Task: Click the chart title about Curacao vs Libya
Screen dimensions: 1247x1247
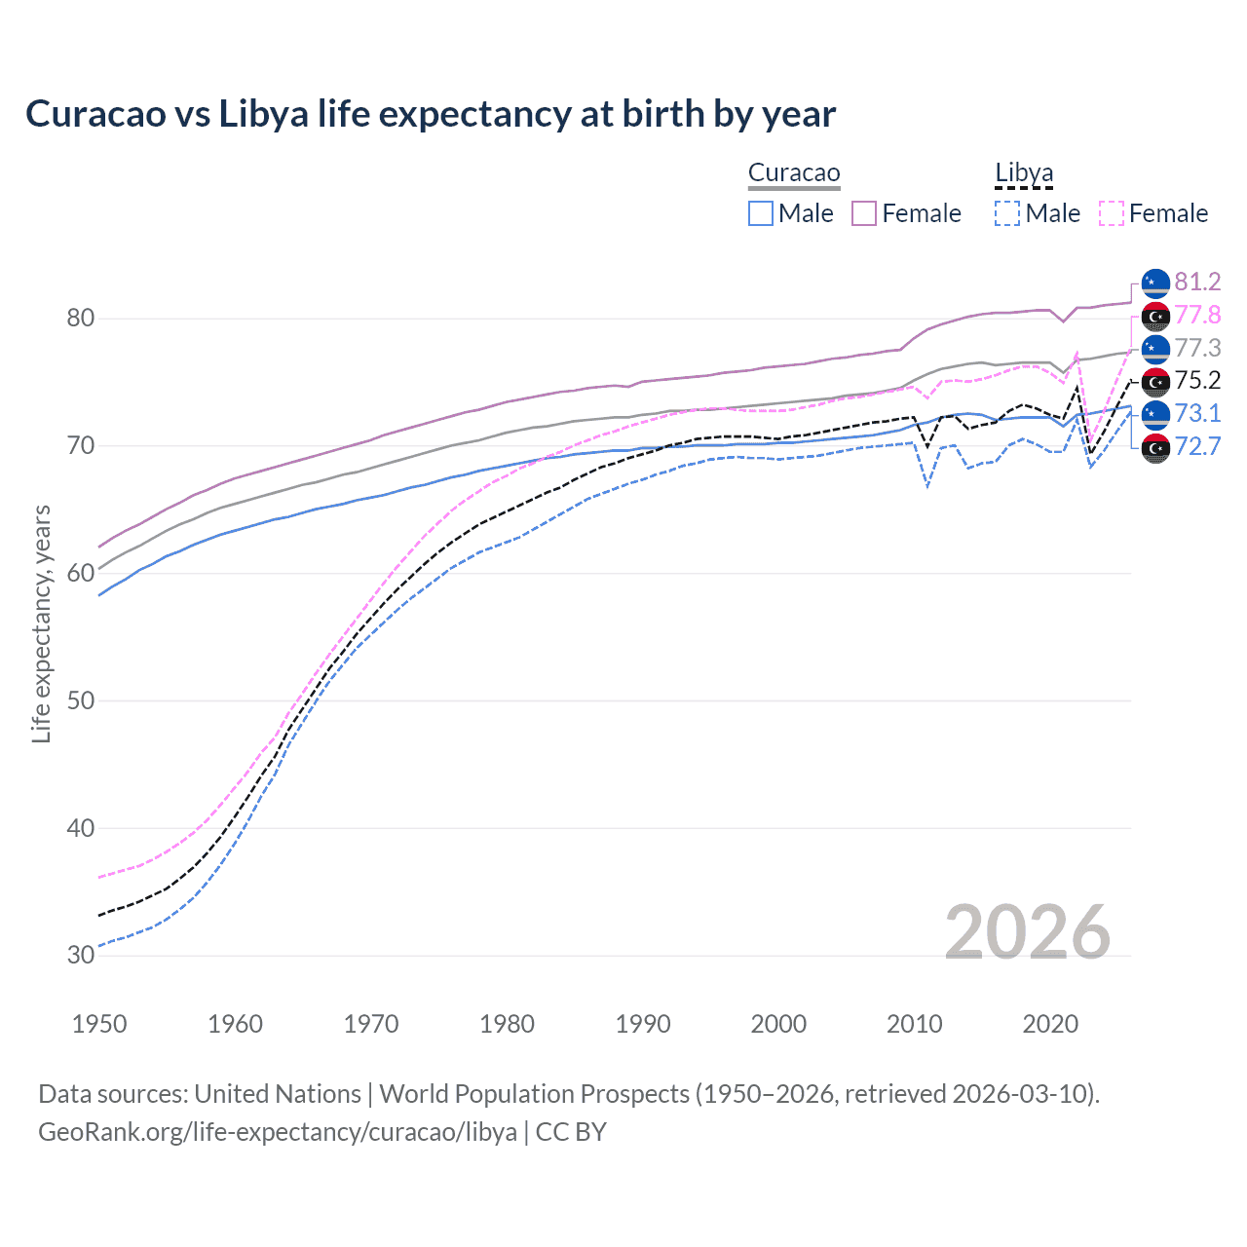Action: [430, 114]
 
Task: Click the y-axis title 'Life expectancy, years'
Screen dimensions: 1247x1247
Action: [41, 623]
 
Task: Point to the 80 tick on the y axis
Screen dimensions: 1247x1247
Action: [81, 319]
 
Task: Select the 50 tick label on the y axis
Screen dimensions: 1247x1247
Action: [81, 700]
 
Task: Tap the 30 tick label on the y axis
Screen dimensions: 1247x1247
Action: [81, 956]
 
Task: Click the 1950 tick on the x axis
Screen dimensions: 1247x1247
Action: [99, 1024]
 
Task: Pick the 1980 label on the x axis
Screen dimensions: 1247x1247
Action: [507, 1024]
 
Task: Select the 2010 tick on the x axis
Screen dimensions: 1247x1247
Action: [914, 1024]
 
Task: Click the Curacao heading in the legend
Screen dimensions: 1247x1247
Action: [794, 173]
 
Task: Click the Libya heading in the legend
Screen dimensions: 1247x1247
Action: [1024, 173]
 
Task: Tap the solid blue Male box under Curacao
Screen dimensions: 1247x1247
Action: [761, 213]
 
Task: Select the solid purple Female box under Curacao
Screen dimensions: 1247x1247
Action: [864, 213]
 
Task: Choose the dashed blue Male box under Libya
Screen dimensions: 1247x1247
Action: [1007, 213]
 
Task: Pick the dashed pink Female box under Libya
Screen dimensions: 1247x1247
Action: [1111, 213]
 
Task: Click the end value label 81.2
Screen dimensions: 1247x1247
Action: [1197, 283]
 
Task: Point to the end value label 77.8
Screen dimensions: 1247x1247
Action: [1197, 316]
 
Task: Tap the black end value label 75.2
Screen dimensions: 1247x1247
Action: [1197, 381]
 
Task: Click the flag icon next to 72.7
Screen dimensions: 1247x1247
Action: [1155, 448]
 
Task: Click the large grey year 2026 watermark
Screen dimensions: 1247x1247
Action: [1027, 932]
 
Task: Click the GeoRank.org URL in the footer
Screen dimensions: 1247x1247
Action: [278, 1132]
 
